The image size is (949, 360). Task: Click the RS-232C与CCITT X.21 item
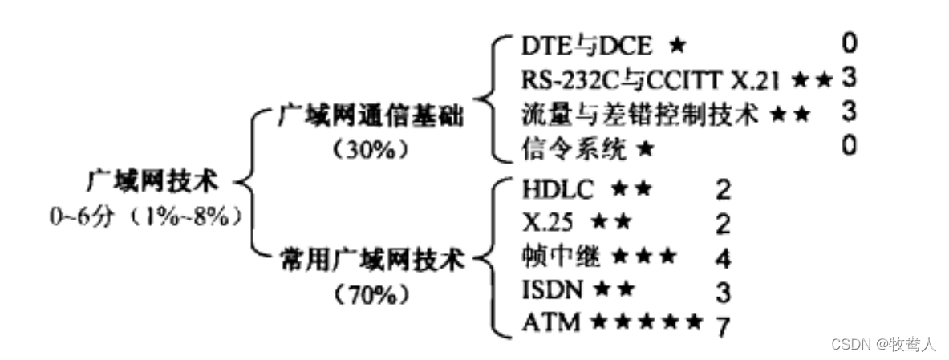(x=651, y=79)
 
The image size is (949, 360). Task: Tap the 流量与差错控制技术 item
(x=639, y=113)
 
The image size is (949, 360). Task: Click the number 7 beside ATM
(x=724, y=326)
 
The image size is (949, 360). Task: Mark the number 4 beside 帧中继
(x=724, y=259)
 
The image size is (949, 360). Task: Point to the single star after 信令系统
(x=645, y=148)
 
